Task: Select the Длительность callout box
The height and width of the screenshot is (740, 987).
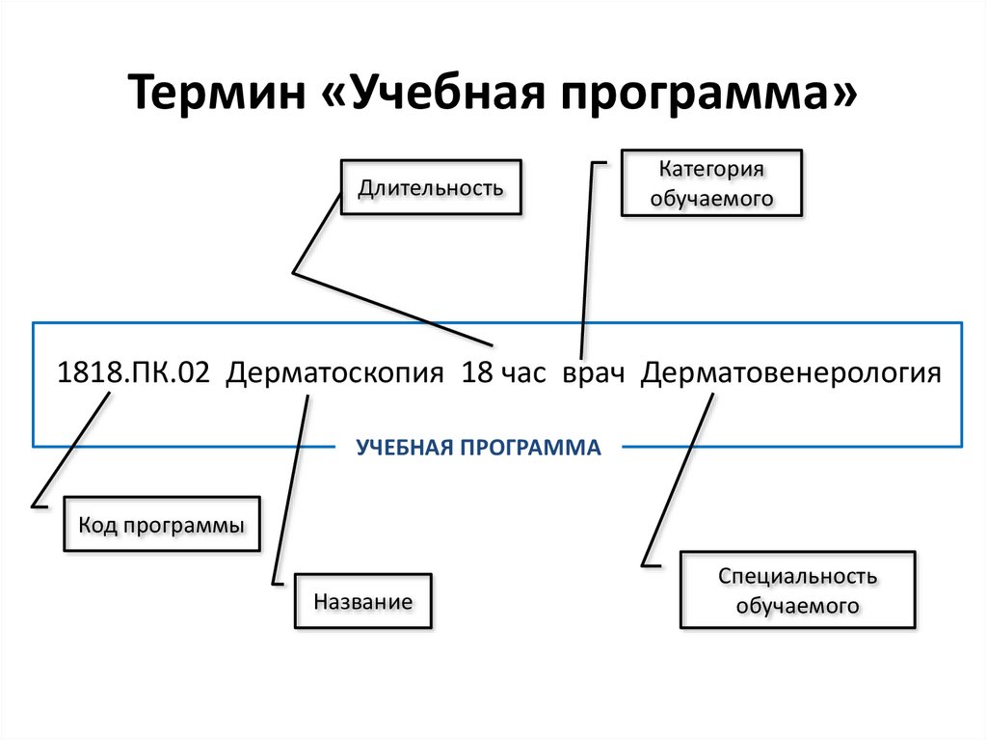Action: (x=431, y=186)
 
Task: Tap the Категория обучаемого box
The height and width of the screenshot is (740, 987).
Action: (x=711, y=183)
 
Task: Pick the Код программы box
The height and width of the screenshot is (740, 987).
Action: (x=161, y=525)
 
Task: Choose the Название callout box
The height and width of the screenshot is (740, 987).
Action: (x=362, y=602)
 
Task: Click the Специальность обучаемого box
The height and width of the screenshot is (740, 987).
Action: (x=797, y=591)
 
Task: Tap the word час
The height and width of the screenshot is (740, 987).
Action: (x=521, y=373)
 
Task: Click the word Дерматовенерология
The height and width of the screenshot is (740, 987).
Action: (x=790, y=372)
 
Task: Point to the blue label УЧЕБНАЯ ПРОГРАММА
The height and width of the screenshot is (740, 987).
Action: (x=478, y=448)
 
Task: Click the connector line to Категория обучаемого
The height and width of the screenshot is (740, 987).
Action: (x=587, y=260)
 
